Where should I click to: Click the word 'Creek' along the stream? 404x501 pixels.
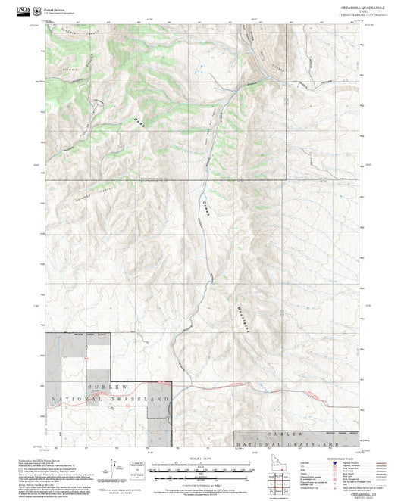pos(205,210)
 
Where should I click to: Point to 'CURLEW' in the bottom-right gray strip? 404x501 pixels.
pos(299,434)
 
